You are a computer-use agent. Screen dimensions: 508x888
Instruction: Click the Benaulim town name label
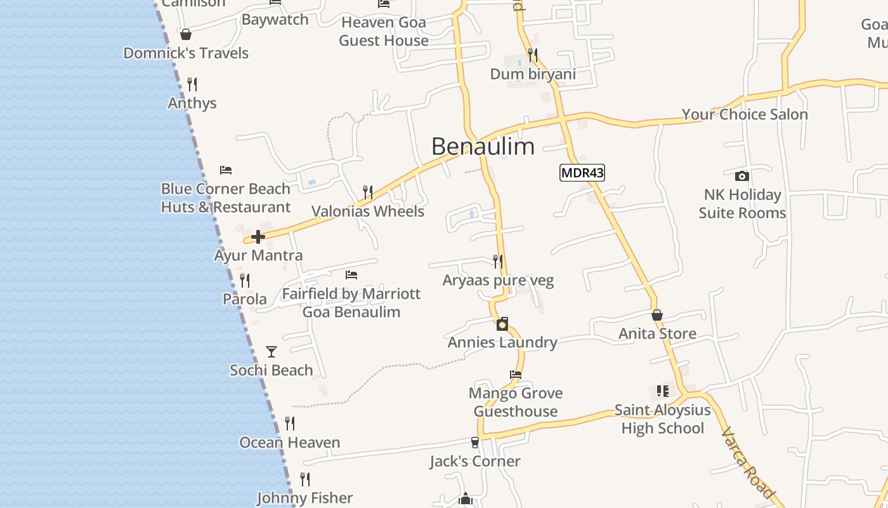pos(483,147)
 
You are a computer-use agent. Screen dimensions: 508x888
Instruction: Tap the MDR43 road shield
pos(582,173)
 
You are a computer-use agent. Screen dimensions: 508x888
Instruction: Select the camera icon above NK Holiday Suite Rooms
pos(741,176)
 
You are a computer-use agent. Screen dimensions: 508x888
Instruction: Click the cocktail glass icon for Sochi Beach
pos(271,352)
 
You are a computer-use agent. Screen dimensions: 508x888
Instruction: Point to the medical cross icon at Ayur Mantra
pos(258,237)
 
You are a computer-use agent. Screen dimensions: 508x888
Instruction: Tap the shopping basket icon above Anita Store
pos(657,315)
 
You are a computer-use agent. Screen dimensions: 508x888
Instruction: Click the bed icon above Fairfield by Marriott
pos(351,275)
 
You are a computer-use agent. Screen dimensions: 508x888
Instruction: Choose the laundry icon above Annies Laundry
pos(502,324)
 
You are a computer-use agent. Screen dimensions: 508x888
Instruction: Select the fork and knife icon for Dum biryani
pos(533,55)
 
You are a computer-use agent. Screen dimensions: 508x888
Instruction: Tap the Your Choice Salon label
pos(745,115)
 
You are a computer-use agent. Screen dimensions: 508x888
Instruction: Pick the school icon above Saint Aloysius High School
pos(662,391)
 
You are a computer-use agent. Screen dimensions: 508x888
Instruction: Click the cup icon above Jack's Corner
pos(474,443)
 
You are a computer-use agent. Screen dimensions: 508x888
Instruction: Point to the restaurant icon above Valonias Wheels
pos(367,192)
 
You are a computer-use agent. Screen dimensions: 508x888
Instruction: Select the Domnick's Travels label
pos(186,53)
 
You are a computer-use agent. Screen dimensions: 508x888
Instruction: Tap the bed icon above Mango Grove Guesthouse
pos(516,375)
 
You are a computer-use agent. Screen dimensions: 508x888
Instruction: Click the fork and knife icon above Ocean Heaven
pos(290,424)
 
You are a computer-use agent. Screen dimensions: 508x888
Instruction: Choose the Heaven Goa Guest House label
pos(384,32)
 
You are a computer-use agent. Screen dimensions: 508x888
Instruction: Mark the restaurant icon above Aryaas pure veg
pos(498,261)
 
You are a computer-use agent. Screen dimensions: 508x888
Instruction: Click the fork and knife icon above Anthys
pos(192,84)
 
